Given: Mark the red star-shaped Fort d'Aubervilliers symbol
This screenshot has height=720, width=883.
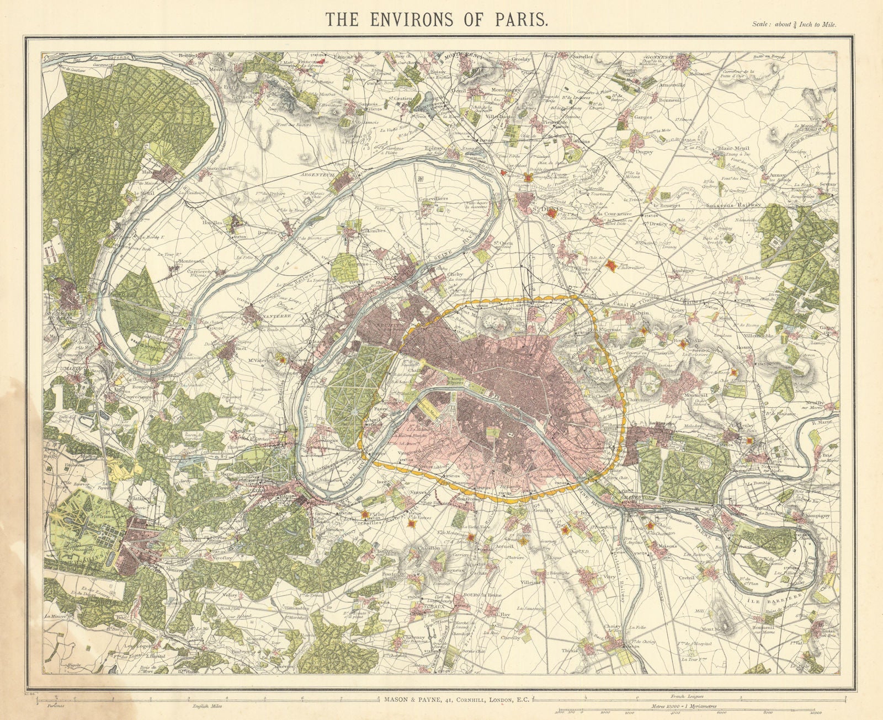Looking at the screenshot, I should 610,266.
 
